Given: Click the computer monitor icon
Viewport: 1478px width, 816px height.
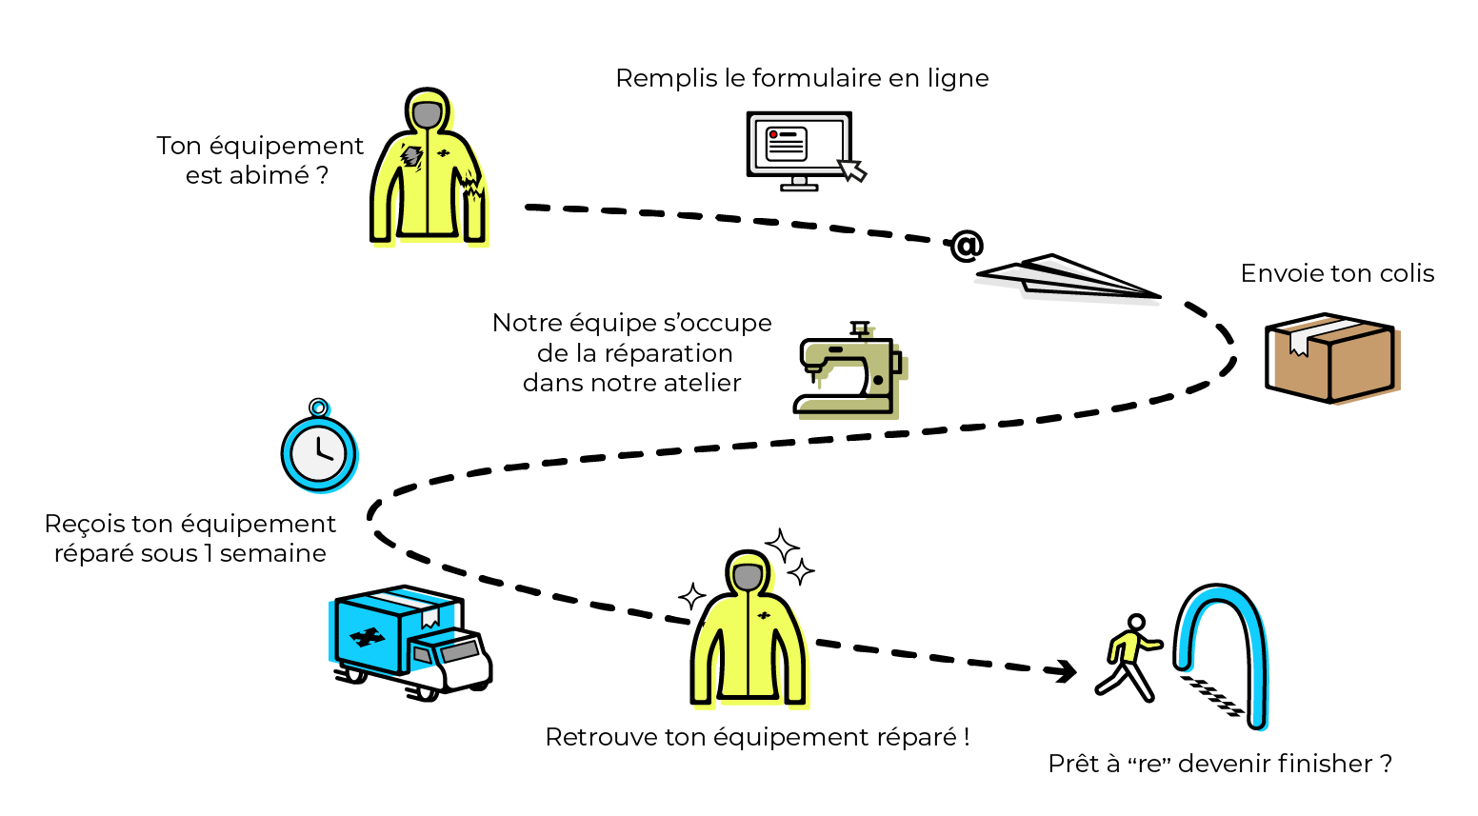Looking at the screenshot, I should (799, 148).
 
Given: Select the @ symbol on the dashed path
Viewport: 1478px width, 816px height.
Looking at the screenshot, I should (966, 247).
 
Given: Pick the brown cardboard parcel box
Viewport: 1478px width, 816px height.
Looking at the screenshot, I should (1330, 358).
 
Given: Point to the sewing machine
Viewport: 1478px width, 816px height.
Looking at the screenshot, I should (848, 371).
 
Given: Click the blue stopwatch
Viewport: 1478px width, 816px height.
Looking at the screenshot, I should (319, 449).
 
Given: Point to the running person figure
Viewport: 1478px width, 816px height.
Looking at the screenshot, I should (1129, 656).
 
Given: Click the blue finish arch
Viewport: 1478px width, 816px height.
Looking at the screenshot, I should (1223, 647).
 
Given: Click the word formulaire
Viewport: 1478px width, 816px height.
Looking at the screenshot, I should (817, 78).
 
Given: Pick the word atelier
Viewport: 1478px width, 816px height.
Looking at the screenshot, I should (703, 383).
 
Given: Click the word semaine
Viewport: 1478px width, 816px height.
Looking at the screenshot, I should (273, 553).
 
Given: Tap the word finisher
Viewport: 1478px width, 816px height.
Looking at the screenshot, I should (1312, 764).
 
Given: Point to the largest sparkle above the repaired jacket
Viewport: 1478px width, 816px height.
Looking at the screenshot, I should (783, 547).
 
